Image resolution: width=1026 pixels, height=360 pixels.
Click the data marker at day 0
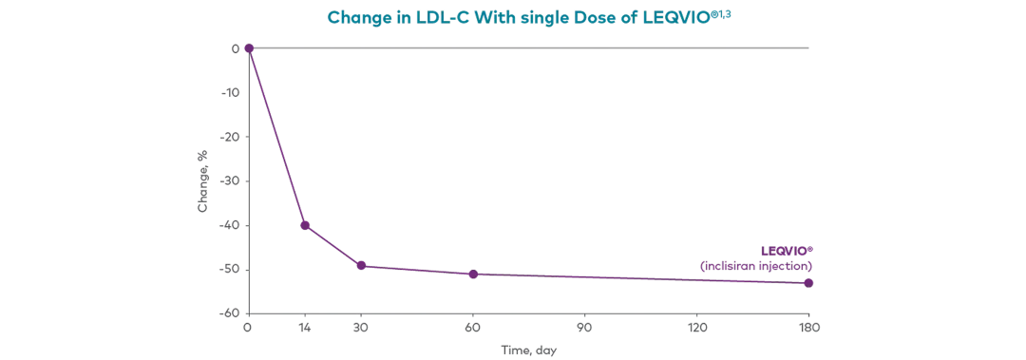[248, 47]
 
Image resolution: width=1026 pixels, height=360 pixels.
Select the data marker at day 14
[304, 225]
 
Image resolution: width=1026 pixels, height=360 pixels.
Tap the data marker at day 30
[361, 266]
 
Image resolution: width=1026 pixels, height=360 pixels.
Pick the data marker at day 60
[472, 275]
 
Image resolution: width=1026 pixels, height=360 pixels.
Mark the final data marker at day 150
[808, 282]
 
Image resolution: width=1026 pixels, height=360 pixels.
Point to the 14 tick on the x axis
[304, 328]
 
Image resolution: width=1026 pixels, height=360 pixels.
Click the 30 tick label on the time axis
[361, 328]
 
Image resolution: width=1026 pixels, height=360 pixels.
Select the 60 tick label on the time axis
[472, 328]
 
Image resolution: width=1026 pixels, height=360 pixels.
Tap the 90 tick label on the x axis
[584, 328]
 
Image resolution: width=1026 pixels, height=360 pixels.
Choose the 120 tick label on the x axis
[696, 328]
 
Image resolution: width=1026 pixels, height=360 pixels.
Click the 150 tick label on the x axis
[808, 328]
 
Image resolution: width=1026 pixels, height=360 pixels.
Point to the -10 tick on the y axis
[232, 92]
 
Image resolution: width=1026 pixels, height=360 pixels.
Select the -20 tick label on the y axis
[232, 136]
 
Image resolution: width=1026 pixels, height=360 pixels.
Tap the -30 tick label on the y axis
[232, 180]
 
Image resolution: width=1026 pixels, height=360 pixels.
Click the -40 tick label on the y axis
[232, 225]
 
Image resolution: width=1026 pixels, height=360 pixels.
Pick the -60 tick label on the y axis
[232, 313]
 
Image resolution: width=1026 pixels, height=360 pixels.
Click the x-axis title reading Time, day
[531, 350]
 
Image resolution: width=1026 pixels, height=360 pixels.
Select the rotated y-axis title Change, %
[203, 180]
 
